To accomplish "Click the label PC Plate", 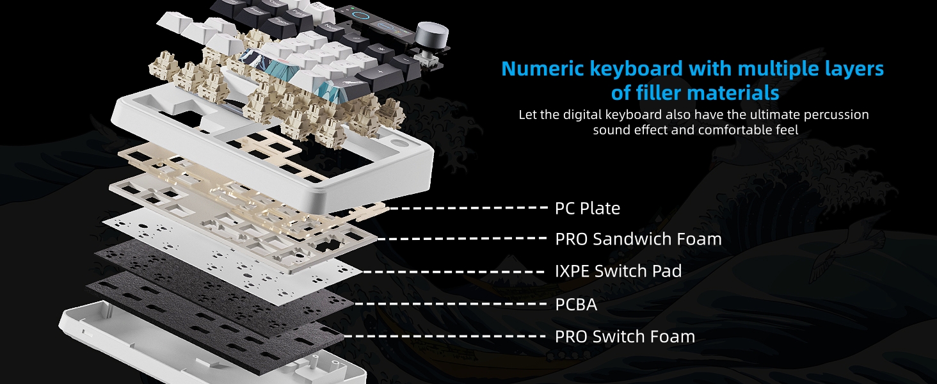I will coord(587,209).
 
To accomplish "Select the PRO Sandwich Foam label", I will coord(638,239).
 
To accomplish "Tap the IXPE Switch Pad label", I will coord(618,271).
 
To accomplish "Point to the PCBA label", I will coord(576,305).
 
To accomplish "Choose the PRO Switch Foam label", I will coord(625,337).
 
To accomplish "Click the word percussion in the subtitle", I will coord(833,115).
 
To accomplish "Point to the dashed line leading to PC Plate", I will coord(467,208).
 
